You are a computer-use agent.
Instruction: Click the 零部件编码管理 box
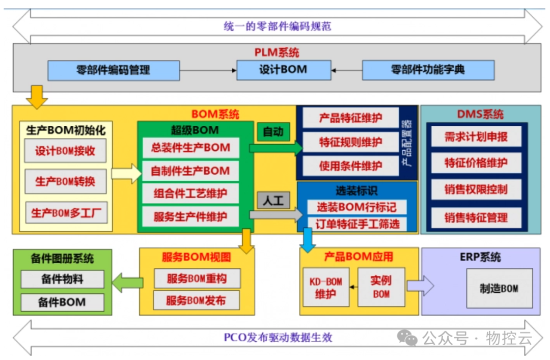(114, 70)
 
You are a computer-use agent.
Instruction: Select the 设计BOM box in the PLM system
(283, 70)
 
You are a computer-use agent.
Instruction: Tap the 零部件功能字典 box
(428, 70)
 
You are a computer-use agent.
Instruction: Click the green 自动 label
(273, 132)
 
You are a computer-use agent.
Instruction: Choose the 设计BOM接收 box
(65, 151)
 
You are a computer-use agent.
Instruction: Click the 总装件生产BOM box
(190, 148)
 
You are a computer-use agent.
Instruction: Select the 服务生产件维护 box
(190, 216)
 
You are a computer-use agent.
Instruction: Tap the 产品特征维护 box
(350, 118)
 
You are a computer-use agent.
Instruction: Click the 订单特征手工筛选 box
(357, 224)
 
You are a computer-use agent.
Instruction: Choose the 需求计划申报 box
(476, 136)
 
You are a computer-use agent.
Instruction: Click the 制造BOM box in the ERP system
(499, 288)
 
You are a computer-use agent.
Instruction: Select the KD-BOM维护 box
(326, 288)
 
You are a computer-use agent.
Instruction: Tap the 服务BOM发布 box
(196, 300)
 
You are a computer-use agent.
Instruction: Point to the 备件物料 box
(62, 279)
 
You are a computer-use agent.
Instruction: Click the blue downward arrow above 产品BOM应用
(307, 240)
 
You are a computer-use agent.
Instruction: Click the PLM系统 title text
(277, 52)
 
